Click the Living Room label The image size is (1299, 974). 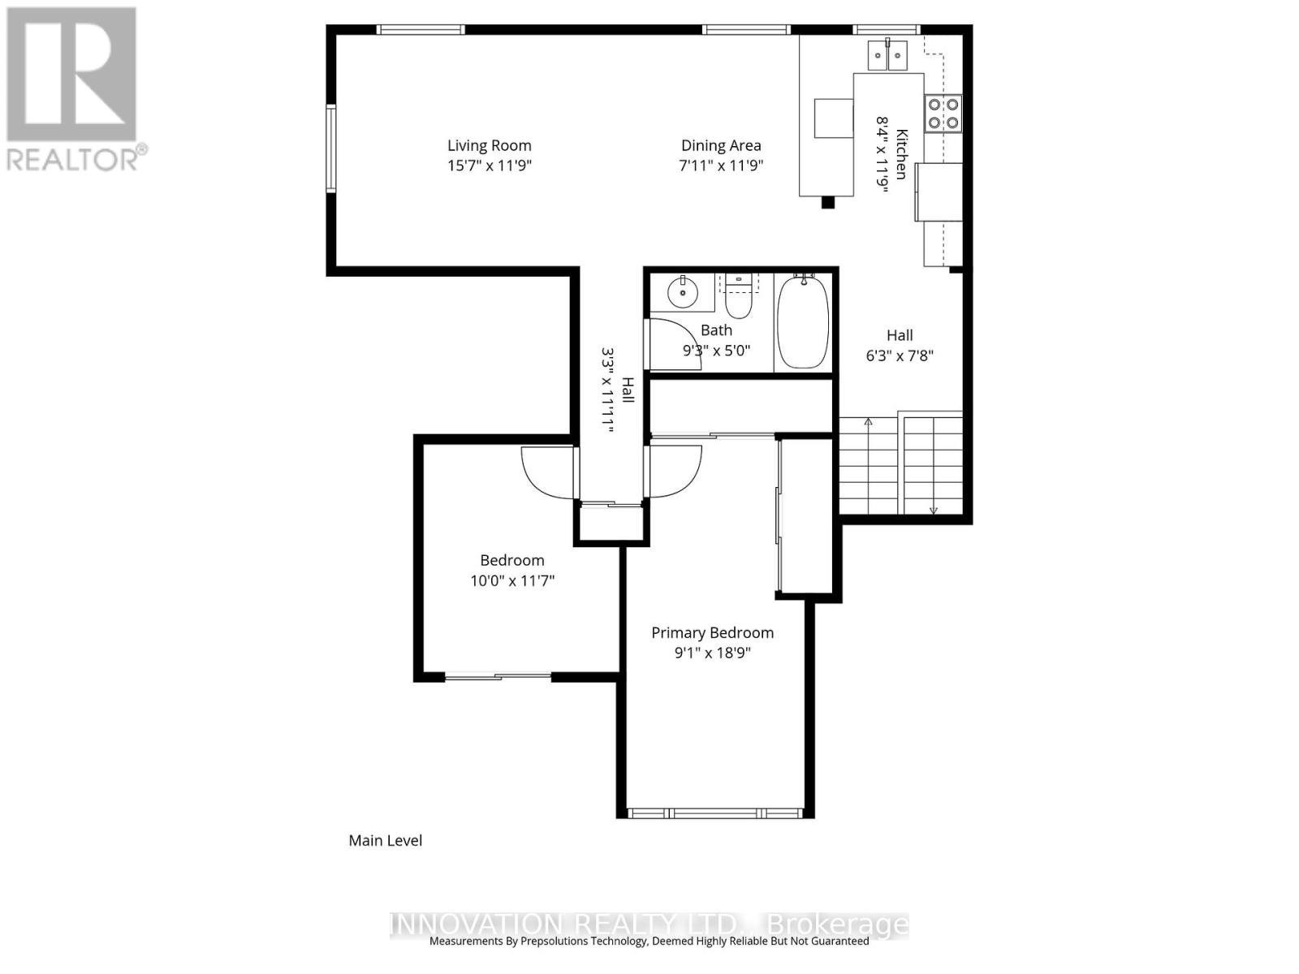(x=489, y=145)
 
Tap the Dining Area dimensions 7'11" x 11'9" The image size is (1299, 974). (x=721, y=166)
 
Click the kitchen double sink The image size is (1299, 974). (x=887, y=55)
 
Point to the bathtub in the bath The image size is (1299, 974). (x=803, y=323)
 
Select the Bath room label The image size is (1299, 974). (x=716, y=330)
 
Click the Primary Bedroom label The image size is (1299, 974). (x=712, y=632)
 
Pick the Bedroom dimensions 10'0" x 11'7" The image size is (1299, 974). (x=511, y=580)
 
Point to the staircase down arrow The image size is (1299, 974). (x=934, y=507)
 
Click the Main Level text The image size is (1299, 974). (x=385, y=840)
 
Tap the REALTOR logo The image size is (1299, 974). (x=73, y=89)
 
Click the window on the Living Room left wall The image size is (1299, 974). (x=331, y=149)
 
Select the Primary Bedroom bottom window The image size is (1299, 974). (x=714, y=812)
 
